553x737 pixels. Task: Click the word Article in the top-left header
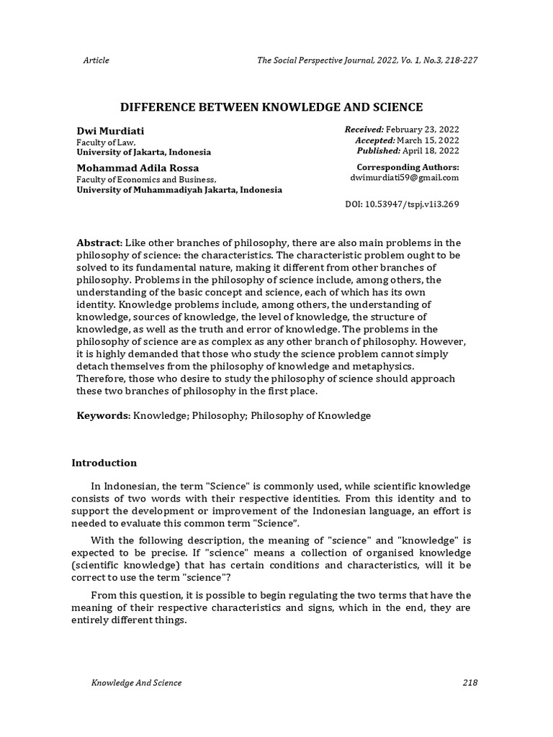pyautogui.click(x=96, y=60)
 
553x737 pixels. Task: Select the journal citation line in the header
pyautogui.click(x=367, y=60)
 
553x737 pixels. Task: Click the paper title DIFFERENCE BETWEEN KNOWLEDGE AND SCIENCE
pyautogui.click(x=271, y=107)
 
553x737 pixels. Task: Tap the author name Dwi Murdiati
pyautogui.click(x=110, y=130)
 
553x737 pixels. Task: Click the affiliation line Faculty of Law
pyautogui.click(x=106, y=143)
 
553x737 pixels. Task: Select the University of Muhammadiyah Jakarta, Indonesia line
pyautogui.click(x=179, y=190)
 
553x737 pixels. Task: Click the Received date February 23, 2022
pyautogui.click(x=423, y=129)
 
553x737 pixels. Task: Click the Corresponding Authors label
pyautogui.click(x=408, y=167)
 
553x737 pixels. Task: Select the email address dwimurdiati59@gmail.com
pyautogui.click(x=404, y=178)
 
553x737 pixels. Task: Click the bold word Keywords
pyautogui.click(x=104, y=416)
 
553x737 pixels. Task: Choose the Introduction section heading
pyautogui.click(x=104, y=463)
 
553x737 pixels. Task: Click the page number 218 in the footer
pyautogui.click(x=469, y=682)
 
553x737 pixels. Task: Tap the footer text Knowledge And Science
pyautogui.click(x=136, y=682)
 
